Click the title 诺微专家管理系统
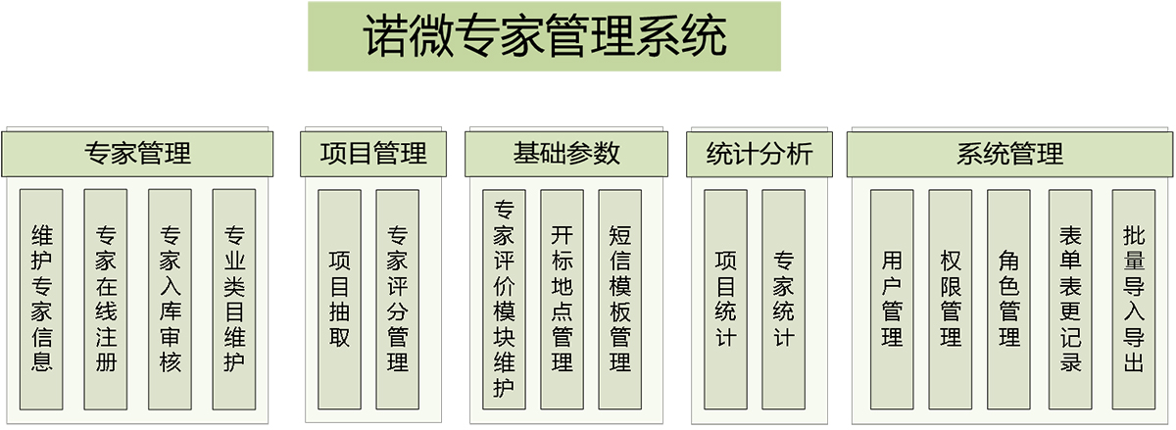(x=545, y=36)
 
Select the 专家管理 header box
(x=137, y=154)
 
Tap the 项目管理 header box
(x=373, y=154)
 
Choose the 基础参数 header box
(x=566, y=154)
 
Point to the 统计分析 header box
(x=759, y=154)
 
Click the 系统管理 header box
(x=1010, y=154)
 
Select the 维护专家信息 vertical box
(x=41, y=300)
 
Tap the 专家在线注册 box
(x=106, y=300)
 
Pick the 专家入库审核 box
(x=171, y=300)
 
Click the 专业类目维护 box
(x=234, y=300)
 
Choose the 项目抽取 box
(x=340, y=300)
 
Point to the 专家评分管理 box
(x=398, y=300)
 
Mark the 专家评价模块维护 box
(x=504, y=300)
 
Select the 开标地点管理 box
(x=563, y=300)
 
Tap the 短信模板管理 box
(x=620, y=300)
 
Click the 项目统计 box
(x=725, y=300)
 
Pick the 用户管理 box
(x=892, y=300)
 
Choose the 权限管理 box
(x=951, y=300)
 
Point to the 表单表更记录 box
(x=1070, y=300)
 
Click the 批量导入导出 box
(x=1134, y=300)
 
